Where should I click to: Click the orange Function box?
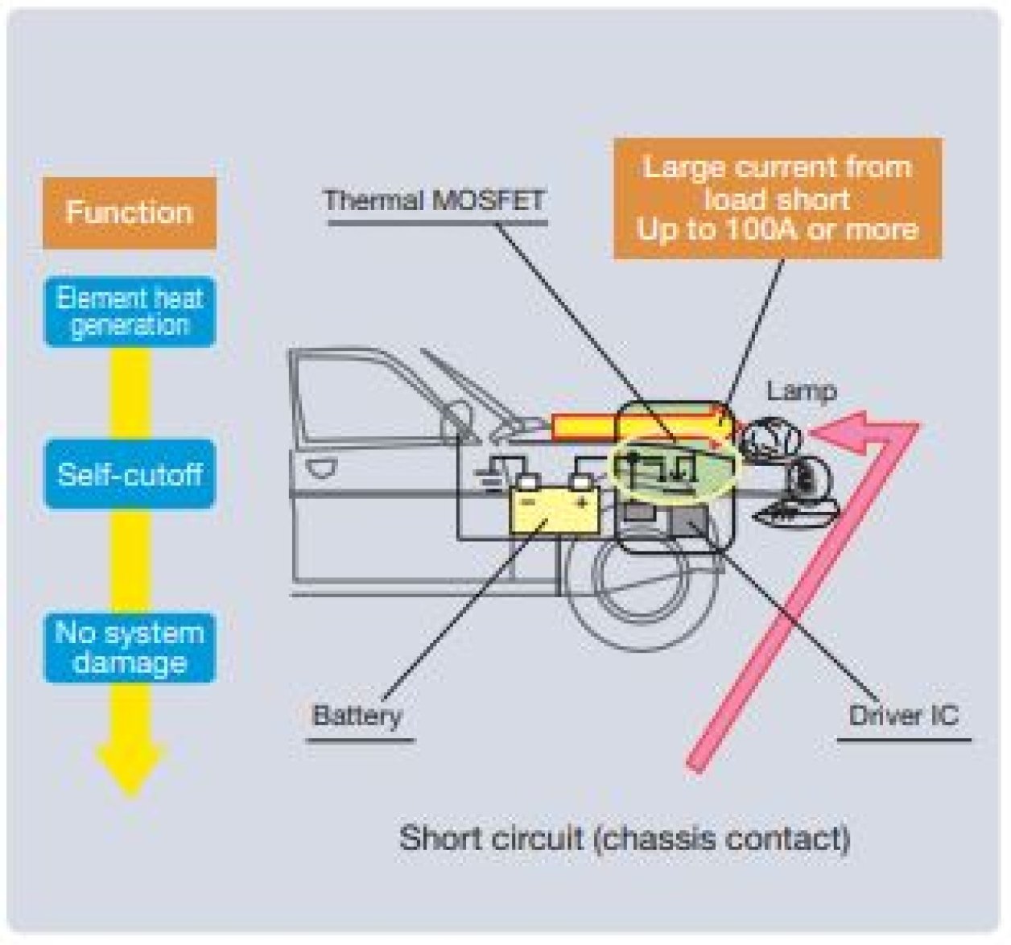129,213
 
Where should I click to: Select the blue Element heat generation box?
129,312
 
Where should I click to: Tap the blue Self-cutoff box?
129,474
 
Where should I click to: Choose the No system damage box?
129,648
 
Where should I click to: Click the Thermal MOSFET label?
434,200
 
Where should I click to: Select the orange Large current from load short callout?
777,199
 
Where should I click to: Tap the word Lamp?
801,391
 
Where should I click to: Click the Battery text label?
357,716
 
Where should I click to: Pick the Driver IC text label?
903,716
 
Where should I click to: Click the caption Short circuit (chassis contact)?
625,838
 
